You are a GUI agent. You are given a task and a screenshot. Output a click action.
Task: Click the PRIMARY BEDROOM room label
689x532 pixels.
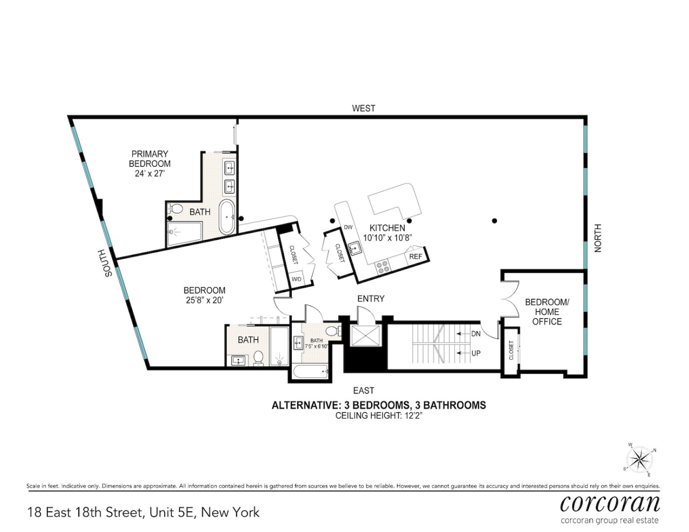point(150,159)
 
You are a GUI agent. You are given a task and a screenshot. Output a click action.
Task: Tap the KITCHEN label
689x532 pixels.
point(387,228)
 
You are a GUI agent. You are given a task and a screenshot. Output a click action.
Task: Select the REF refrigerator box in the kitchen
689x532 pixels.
point(415,256)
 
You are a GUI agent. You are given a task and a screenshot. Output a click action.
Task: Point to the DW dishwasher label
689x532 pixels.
point(348,227)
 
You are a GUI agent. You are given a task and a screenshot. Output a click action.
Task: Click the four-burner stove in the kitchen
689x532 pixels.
point(382,267)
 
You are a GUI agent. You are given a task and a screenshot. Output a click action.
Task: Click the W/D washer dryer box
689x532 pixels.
point(296,279)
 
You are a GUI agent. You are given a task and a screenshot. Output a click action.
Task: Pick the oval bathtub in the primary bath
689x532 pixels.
point(227,217)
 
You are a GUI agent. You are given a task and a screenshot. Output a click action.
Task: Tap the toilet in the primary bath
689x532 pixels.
point(176,208)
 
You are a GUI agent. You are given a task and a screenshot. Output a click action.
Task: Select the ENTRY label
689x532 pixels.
point(371,299)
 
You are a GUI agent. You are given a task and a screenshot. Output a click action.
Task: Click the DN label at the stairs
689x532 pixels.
point(475,334)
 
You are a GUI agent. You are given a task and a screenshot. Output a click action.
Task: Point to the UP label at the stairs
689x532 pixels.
point(475,353)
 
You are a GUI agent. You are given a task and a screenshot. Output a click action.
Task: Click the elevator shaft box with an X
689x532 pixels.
point(365,336)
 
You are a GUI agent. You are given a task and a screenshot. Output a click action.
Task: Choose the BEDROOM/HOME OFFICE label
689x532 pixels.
point(547,312)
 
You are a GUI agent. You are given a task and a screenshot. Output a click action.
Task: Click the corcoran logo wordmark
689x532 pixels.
point(610,503)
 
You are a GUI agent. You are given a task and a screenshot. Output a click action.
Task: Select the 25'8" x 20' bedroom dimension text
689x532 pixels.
point(204,300)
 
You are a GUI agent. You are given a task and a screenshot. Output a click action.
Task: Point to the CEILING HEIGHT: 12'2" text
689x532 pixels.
point(378,415)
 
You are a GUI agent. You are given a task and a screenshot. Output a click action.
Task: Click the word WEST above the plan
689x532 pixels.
point(364,109)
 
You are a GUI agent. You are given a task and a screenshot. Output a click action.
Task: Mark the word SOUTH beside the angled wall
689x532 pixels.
point(108,263)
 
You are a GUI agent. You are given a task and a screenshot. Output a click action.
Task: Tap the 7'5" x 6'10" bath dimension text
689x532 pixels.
point(316,346)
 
